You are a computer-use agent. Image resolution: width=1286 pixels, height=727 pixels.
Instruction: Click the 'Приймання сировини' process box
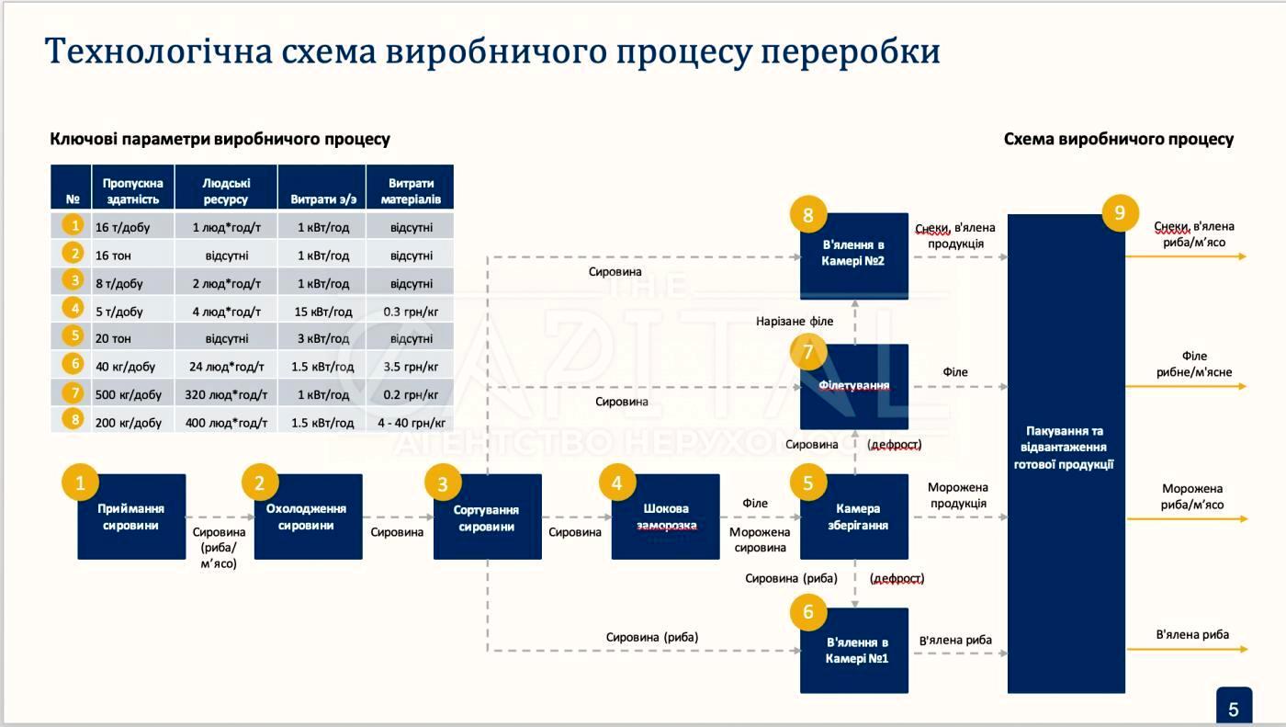coord(131,517)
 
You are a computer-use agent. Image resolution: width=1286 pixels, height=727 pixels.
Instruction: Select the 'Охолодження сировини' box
coord(308,517)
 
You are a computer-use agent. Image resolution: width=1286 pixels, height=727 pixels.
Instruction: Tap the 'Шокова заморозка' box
coord(666,517)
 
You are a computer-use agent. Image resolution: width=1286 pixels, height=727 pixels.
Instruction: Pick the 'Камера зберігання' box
coord(854,517)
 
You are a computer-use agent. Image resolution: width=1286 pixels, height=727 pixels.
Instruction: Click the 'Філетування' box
coord(854,387)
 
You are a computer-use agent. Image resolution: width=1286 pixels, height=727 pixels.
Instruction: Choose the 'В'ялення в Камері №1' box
coord(854,650)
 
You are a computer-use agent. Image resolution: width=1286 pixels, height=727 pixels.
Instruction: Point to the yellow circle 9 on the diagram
coord(1119,213)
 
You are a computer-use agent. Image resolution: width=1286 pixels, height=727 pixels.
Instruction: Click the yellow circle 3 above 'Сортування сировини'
coord(444,483)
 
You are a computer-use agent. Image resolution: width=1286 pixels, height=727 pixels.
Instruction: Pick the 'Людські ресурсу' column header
coord(226,191)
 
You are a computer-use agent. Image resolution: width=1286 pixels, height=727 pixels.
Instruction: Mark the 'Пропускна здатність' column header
coord(133,191)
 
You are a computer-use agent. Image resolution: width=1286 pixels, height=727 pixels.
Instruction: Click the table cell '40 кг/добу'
coord(126,367)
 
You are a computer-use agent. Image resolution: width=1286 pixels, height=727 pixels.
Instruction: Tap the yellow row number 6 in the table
coord(73,364)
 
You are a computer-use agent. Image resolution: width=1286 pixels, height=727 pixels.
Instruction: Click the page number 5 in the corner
coord(1234,710)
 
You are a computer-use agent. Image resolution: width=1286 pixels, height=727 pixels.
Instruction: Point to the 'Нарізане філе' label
coord(795,322)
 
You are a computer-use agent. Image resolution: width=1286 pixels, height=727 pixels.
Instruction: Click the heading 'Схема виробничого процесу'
coord(1118,140)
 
